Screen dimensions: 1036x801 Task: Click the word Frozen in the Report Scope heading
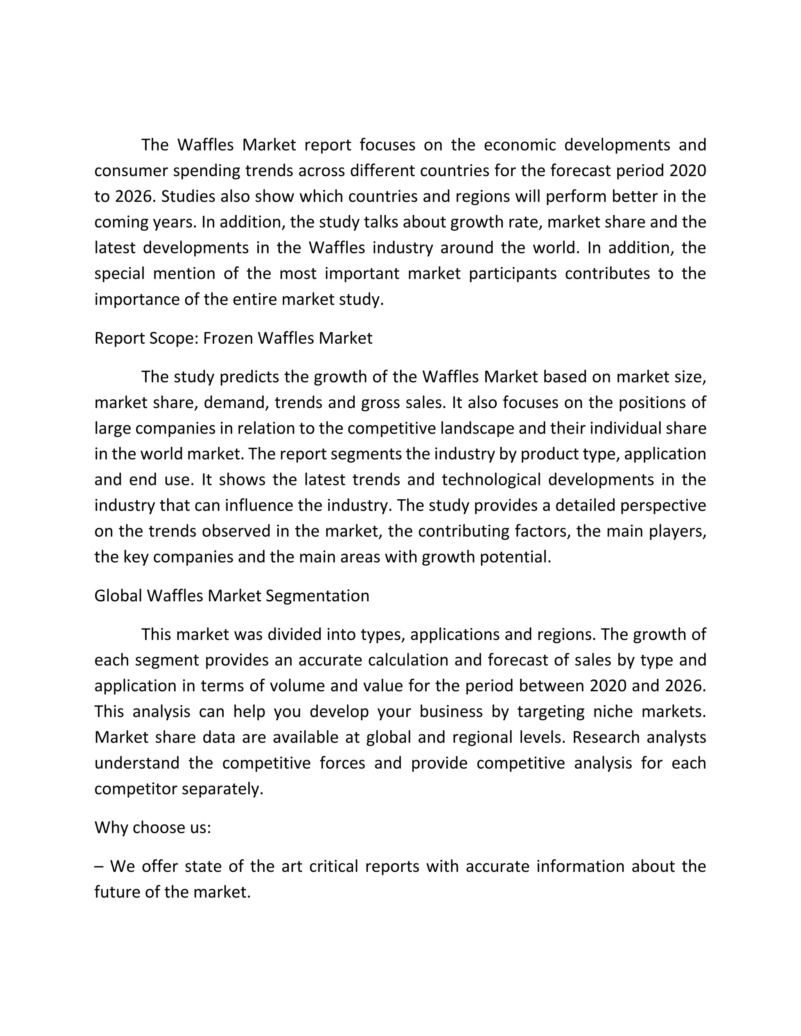pos(229,338)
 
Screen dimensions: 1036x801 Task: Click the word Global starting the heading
pos(118,595)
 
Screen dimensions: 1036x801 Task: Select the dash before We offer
pos(98,866)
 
